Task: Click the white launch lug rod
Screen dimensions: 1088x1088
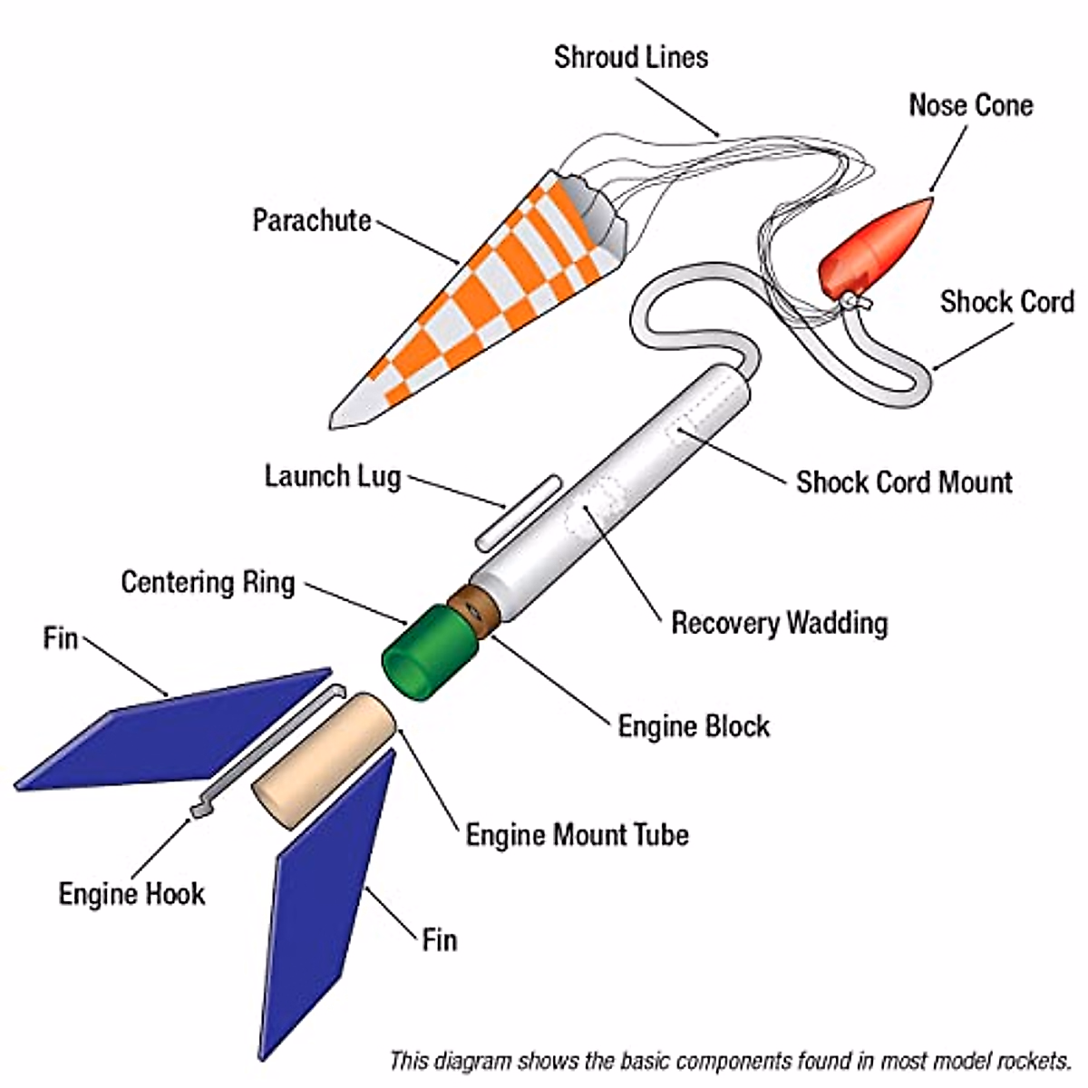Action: click(x=517, y=512)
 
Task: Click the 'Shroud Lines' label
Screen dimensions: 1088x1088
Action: click(x=631, y=57)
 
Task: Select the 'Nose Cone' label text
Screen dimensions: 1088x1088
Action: click(x=971, y=105)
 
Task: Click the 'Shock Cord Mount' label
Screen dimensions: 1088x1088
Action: click(x=904, y=482)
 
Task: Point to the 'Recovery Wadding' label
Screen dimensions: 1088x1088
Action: click(x=779, y=623)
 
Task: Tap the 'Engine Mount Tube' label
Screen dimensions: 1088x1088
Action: click(x=577, y=834)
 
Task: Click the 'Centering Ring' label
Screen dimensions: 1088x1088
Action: click(x=209, y=581)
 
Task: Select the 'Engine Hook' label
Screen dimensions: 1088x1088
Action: click(x=131, y=894)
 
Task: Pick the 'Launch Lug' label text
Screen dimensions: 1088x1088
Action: click(x=333, y=476)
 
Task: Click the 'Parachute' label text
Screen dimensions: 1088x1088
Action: click(x=312, y=220)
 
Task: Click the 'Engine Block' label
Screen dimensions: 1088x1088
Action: click(x=694, y=726)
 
